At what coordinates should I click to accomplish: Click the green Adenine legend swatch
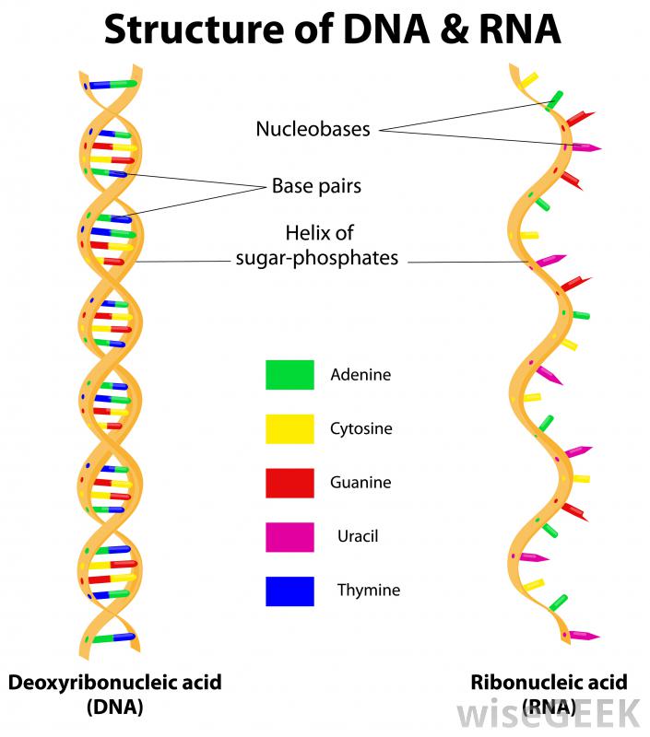[x=290, y=375]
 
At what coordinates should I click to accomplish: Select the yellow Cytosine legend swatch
[x=290, y=428]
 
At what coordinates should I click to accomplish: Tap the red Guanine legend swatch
[x=290, y=483]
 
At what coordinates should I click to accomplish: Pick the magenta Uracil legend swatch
[x=290, y=536]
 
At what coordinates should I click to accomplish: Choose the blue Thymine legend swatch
[x=290, y=591]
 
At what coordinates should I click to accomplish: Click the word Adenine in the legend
[x=360, y=375]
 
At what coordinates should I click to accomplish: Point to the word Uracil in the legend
[x=358, y=536]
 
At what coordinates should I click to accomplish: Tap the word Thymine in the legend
[x=369, y=591]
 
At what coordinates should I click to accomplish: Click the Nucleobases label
[x=313, y=129]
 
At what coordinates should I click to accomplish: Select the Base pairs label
[x=316, y=186]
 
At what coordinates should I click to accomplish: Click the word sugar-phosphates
[x=317, y=258]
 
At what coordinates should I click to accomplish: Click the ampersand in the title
[x=442, y=29]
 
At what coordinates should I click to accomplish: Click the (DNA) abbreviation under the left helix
[x=115, y=708]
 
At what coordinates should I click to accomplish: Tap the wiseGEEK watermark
[x=548, y=712]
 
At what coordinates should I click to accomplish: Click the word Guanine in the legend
[x=360, y=483]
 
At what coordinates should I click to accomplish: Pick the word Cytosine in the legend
[x=361, y=429]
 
